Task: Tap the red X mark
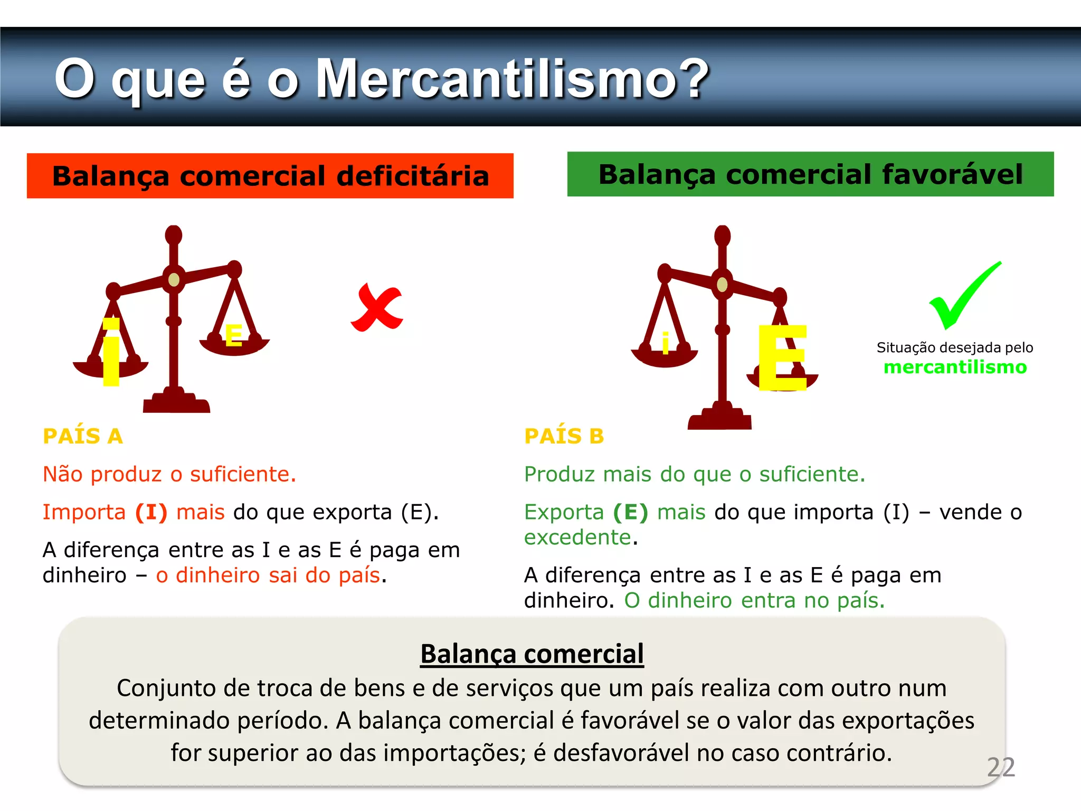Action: point(377,308)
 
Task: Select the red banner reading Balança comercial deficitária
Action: point(270,176)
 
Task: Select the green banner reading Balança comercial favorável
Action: point(810,174)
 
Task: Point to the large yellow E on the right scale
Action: point(782,357)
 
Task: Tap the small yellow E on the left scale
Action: point(233,335)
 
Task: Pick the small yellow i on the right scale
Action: point(666,343)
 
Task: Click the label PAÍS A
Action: point(83,436)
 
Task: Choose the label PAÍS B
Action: point(564,436)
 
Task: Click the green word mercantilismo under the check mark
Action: point(955,367)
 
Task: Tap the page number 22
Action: point(1001,767)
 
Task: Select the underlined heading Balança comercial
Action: point(532,654)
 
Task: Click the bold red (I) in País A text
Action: point(151,512)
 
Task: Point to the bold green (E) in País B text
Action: point(630,512)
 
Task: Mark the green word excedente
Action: point(577,537)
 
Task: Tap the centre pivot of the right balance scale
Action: point(722,285)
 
